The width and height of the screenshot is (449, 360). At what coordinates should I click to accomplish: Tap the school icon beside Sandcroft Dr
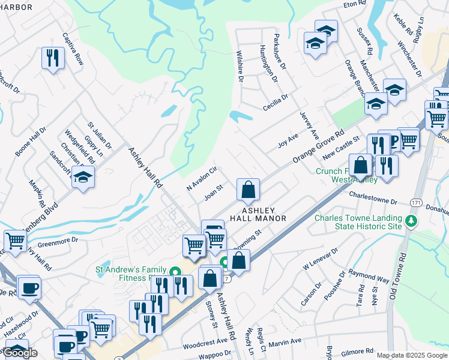[x=83, y=177]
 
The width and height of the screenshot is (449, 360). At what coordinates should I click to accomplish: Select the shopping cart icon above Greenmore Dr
[x=16, y=241]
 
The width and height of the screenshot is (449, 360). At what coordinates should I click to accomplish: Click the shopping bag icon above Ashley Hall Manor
[x=248, y=190]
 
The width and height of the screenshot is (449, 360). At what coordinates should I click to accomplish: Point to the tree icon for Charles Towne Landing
[x=411, y=222]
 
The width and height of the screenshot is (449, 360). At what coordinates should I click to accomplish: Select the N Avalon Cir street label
[x=201, y=179]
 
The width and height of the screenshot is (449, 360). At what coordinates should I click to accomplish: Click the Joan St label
[x=214, y=193]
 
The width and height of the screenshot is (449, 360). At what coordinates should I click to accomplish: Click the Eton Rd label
[x=354, y=4]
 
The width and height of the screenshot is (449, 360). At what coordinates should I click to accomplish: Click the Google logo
[x=20, y=352]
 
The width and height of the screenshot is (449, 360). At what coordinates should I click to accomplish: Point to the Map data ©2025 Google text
[x=411, y=355]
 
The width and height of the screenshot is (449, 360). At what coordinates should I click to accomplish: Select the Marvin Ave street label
[x=285, y=341]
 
